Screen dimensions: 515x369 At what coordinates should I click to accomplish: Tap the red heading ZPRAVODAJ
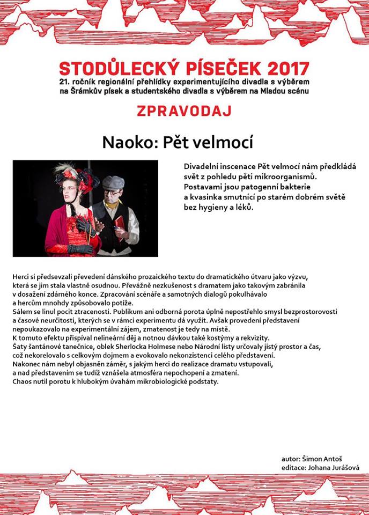click(184, 111)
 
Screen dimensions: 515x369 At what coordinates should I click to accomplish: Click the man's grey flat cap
click(113, 182)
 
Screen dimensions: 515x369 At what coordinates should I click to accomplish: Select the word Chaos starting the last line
click(22, 381)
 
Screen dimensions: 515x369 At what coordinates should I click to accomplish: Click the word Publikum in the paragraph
click(128, 312)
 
